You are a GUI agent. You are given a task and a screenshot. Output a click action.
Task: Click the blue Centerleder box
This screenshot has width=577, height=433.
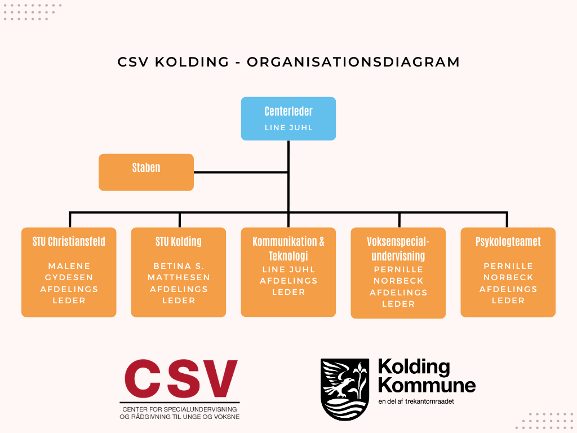pyautogui.click(x=288, y=118)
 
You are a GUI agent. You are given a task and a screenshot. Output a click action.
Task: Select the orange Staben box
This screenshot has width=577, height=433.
pyautogui.click(x=146, y=173)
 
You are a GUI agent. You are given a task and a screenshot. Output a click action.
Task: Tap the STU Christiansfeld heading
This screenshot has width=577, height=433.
pyautogui.click(x=69, y=241)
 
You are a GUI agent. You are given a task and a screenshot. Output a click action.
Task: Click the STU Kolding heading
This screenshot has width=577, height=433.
pyautogui.click(x=179, y=241)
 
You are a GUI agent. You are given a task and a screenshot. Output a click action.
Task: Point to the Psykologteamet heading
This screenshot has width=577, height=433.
pyautogui.click(x=508, y=241)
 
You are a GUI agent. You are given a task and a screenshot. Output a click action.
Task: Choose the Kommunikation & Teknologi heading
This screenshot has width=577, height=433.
pyautogui.click(x=288, y=249)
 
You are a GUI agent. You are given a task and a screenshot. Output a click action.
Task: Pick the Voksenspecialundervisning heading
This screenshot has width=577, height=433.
pyautogui.click(x=398, y=249)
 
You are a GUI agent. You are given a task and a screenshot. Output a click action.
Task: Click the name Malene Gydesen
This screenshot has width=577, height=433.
pyautogui.click(x=69, y=272)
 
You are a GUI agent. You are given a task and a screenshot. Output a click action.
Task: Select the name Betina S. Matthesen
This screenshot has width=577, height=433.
pyautogui.click(x=179, y=272)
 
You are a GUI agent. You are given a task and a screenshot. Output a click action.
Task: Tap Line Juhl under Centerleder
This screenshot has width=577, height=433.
pyautogui.click(x=288, y=128)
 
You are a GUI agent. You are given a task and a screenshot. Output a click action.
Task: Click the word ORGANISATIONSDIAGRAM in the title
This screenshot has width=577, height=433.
pyautogui.click(x=353, y=62)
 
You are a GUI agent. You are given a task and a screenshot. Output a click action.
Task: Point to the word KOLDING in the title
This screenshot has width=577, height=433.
pyautogui.click(x=192, y=62)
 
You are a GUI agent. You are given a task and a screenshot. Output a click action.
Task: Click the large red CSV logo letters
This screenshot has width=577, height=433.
pyautogui.click(x=181, y=378)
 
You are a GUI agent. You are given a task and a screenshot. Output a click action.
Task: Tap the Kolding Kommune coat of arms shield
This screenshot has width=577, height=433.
pyautogui.click(x=345, y=389)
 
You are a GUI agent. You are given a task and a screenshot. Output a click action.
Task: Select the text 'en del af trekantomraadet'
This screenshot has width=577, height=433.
pyautogui.click(x=416, y=401)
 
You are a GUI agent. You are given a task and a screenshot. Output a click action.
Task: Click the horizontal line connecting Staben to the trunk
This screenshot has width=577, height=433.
pyautogui.click(x=241, y=172)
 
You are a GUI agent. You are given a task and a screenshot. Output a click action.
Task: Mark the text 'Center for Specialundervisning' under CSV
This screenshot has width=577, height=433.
pyautogui.click(x=180, y=409)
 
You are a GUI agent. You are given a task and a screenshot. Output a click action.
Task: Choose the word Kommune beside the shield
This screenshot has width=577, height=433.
pyautogui.click(x=427, y=386)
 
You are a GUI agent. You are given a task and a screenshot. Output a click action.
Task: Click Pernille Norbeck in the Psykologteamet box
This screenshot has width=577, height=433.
pyautogui.click(x=508, y=272)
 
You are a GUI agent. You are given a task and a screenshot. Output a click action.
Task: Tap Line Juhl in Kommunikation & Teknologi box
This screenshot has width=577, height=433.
pyautogui.click(x=288, y=269)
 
